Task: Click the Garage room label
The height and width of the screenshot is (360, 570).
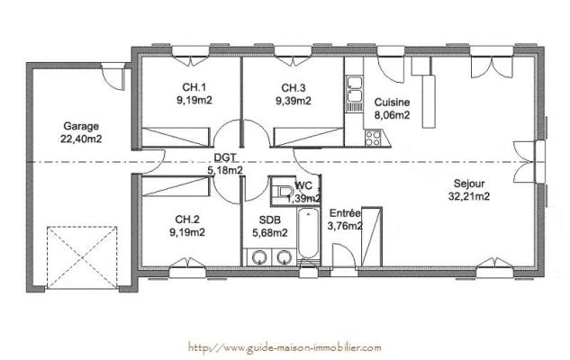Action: click(x=81, y=126)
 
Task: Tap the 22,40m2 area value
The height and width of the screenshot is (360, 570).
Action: click(x=81, y=139)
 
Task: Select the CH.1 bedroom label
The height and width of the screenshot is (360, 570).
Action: click(x=195, y=87)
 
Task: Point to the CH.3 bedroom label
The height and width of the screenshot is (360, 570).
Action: click(x=294, y=87)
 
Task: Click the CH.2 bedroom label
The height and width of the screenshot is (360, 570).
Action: click(x=187, y=220)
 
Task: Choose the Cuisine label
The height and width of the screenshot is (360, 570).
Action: click(x=393, y=103)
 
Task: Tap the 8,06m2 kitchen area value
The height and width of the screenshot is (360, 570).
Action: click(x=393, y=115)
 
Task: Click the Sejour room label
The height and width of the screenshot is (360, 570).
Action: click(x=469, y=184)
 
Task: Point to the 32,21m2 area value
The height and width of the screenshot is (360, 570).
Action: click(x=469, y=196)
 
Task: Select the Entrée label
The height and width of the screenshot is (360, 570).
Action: click(x=345, y=213)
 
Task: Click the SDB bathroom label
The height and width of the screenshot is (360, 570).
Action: click(x=270, y=220)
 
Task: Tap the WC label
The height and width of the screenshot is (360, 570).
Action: click(x=303, y=185)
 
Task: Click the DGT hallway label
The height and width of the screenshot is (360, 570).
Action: click(x=225, y=157)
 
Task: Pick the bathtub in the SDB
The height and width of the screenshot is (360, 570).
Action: click(x=308, y=233)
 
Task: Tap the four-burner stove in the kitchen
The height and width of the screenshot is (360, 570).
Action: click(x=373, y=138)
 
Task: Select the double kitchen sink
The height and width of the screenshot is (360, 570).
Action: click(x=355, y=90)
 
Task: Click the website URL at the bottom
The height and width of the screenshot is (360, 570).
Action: click(x=285, y=347)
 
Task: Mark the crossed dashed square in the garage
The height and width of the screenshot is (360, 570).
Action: click(x=82, y=257)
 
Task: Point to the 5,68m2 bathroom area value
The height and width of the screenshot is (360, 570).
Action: click(x=270, y=232)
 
